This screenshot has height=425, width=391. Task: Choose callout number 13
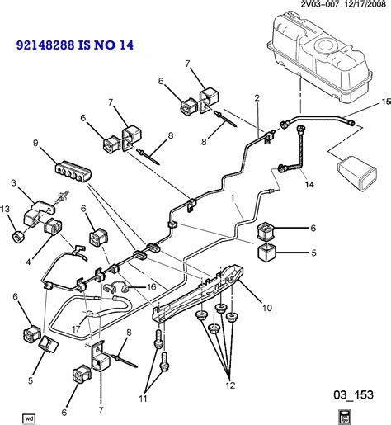[7, 209]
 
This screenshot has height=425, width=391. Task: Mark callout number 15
[384, 102]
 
